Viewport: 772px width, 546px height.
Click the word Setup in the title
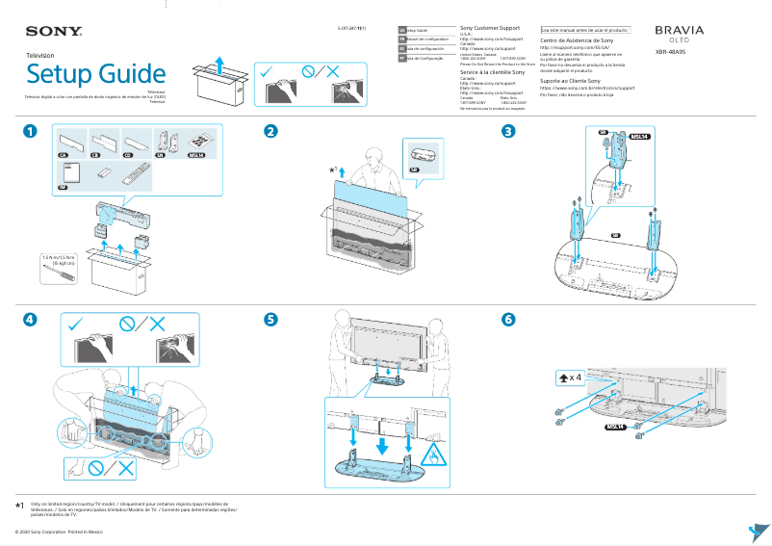pos(60,74)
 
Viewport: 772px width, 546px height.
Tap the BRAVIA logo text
pos(679,31)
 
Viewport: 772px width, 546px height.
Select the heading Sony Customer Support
pos(490,29)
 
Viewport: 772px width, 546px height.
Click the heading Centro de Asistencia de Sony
pos(577,40)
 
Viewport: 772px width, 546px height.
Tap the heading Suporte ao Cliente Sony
pos(576,81)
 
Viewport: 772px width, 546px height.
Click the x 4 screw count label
pos(571,377)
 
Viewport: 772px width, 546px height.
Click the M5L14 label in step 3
pos(637,137)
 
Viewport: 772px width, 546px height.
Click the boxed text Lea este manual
pos(585,30)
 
